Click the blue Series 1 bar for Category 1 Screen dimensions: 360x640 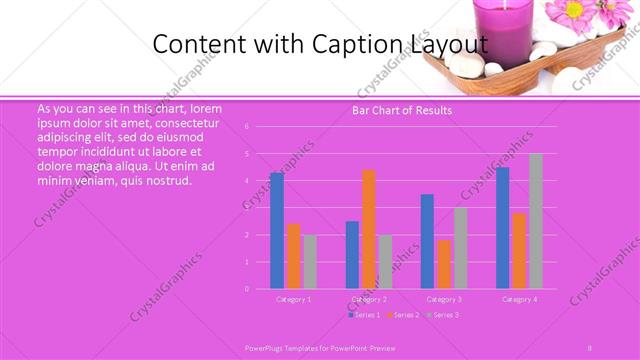click(277, 231)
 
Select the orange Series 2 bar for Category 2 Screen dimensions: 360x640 click(369, 229)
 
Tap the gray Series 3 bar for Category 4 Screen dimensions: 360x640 click(536, 221)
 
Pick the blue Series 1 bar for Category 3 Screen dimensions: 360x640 click(427, 241)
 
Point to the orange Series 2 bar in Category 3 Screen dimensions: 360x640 click(444, 264)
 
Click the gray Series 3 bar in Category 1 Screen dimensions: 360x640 click(310, 262)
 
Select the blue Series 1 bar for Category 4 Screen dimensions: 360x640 click(503, 228)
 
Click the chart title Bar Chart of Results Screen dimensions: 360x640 click(402, 110)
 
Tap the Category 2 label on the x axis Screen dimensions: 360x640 click(369, 299)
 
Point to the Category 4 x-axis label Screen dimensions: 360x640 click(519, 299)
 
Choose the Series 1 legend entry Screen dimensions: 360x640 click(364, 315)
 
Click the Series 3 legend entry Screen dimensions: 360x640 click(443, 315)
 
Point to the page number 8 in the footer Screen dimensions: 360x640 click(590, 344)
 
